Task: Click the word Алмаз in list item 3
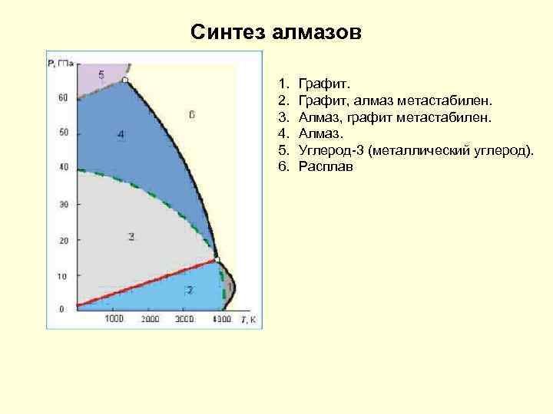(x=319, y=117)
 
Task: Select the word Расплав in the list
(x=326, y=167)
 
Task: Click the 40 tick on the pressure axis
(x=63, y=167)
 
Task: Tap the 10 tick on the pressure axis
(x=63, y=275)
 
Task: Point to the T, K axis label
(x=247, y=318)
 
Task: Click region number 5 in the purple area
(x=101, y=74)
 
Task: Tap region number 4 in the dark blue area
(x=121, y=135)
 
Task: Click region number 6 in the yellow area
(x=191, y=114)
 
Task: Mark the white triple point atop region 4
(x=125, y=80)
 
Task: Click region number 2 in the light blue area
(x=189, y=291)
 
